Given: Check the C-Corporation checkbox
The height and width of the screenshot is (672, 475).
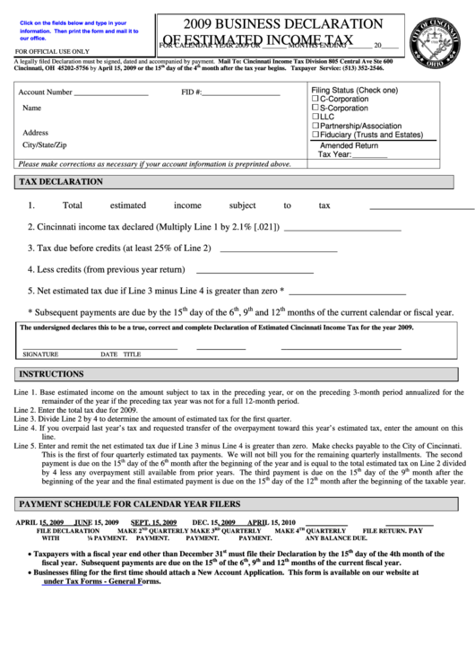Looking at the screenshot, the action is (315, 99).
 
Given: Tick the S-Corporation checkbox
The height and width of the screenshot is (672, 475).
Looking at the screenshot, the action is (315, 108).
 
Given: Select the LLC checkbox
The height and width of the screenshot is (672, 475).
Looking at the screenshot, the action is (315, 117).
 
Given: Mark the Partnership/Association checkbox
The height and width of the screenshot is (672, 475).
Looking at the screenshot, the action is (315, 126).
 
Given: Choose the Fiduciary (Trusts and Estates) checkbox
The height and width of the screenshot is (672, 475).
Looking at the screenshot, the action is (315, 135).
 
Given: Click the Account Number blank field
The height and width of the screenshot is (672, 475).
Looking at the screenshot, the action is (111, 93).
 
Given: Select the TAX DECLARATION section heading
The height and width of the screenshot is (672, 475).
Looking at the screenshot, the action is (61, 181).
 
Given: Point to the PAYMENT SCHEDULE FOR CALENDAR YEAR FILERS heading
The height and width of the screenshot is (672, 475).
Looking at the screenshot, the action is (130, 504).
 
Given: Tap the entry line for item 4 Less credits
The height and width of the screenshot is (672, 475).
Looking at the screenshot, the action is (254, 269).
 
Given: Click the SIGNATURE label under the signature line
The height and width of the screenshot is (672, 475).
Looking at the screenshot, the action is (40, 354).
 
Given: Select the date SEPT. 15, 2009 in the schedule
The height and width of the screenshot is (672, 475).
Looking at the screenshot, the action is (154, 522).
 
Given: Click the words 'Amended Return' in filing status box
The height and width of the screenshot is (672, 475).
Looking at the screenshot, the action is (350, 144).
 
